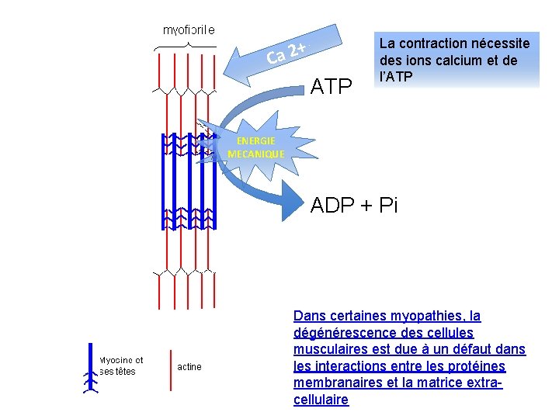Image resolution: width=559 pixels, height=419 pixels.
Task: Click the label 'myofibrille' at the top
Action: (x=188, y=30)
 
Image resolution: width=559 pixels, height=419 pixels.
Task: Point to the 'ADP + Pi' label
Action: (x=354, y=205)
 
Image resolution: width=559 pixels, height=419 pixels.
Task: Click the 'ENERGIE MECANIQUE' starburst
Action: (x=255, y=147)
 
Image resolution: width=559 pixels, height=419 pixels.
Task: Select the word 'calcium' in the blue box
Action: (x=460, y=61)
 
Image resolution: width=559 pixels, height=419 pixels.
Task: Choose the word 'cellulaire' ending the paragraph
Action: (x=321, y=400)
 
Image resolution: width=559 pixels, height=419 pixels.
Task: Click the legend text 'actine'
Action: (x=189, y=366)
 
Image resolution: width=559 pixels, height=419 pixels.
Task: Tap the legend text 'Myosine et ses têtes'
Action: (x=122, y=365)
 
